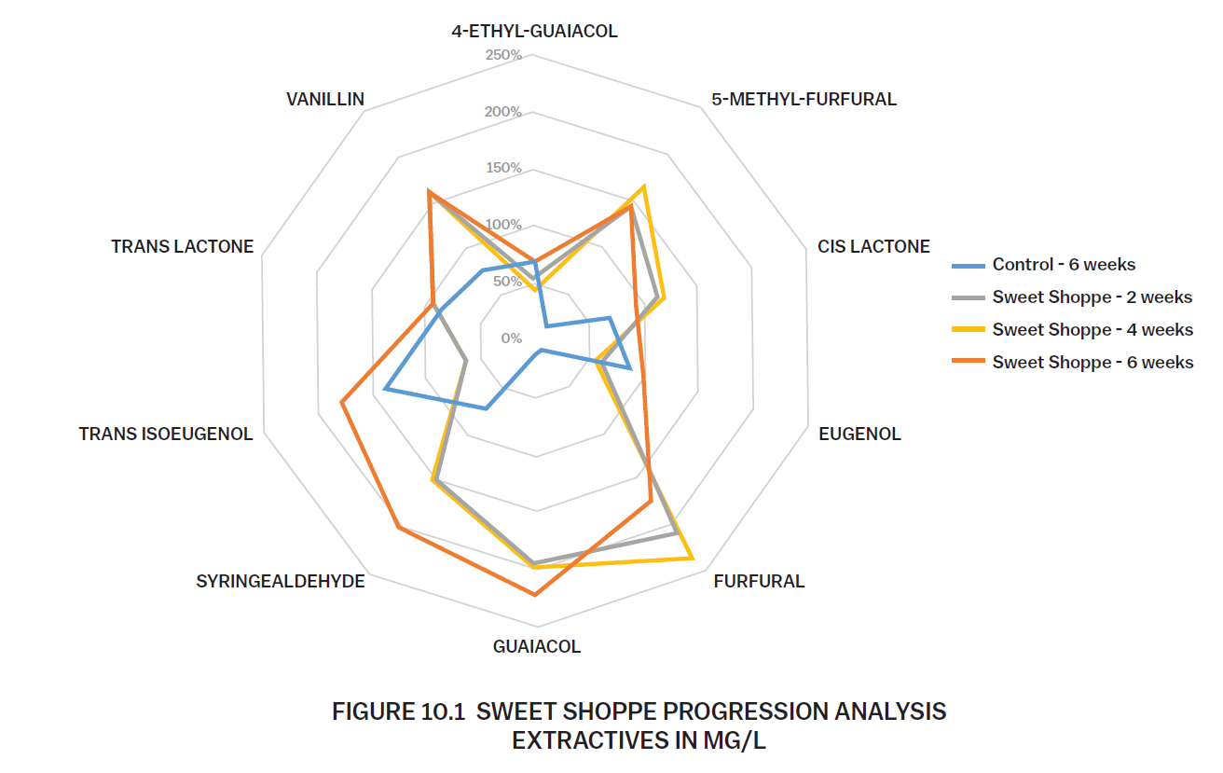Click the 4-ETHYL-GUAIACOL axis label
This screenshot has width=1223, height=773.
click(x=534, y=32)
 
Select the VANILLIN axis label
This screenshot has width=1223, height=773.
click(x=325, y=99)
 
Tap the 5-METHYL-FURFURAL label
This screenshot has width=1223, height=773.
click(x=804, y=99)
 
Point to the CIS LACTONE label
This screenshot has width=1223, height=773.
click(x=873, y=247)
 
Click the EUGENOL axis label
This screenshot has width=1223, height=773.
click(x=859, y=435)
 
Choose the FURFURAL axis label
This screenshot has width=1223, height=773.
click(x=759, y=582)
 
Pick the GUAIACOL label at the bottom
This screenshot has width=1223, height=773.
click(x=536, y=646)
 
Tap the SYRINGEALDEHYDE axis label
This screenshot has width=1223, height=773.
click(x=281, y=582)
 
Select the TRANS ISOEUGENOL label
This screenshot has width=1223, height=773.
click(x=166, y=435)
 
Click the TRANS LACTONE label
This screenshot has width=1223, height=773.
click(x=183, y=247)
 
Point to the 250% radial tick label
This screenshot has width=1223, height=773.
click(x=503, y=56)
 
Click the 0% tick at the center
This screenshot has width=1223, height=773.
click(x=511, y=338)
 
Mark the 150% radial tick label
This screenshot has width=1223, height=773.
click(x=503, y=169)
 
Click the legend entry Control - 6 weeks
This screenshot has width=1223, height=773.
click(x=1064, y=265)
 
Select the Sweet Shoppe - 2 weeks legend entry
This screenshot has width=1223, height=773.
click(x=1092, y=297)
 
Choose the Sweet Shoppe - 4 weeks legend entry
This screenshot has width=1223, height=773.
click(x=1092, y=330)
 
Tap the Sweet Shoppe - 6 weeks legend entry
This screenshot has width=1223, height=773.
click(x=1092, y=363)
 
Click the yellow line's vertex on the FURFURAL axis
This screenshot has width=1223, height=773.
click(x=693, y=559)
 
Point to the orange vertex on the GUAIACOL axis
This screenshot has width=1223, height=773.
click(x=535, y=595)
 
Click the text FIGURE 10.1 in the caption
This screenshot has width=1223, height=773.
click(x=398, y=712)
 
